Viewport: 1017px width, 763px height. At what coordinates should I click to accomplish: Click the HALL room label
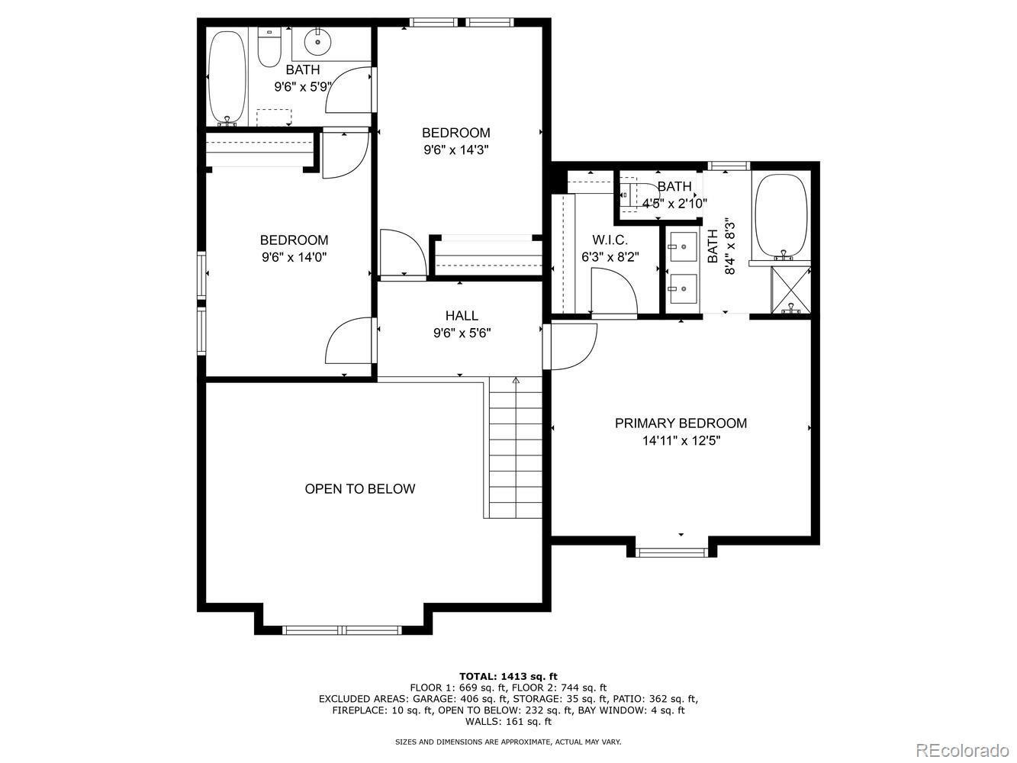point(462,315)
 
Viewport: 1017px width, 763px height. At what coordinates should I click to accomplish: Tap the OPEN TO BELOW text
point(359,489)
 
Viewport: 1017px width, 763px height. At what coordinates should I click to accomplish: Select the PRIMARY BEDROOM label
point(681,423)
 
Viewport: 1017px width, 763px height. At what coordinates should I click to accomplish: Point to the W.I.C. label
point(610,240)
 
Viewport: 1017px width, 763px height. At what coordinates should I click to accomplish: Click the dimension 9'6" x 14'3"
point(456,150)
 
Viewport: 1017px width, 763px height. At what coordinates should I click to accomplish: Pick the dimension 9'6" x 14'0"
point(294,256)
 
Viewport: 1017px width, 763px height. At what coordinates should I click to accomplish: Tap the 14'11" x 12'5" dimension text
point(681,440)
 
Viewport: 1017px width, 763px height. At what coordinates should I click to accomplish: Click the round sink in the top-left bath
point(318,42)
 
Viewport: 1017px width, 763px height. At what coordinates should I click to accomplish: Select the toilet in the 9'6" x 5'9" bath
point(269,47)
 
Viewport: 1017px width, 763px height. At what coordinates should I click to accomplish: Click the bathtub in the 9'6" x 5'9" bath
point(227,78)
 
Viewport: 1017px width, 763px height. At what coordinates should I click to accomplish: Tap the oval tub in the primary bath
point(781,217)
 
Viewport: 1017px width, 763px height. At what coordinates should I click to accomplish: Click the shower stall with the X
point(790,289)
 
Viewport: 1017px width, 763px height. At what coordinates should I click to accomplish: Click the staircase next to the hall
point(513,448)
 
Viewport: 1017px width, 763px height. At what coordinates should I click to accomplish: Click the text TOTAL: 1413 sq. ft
point(508,676)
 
